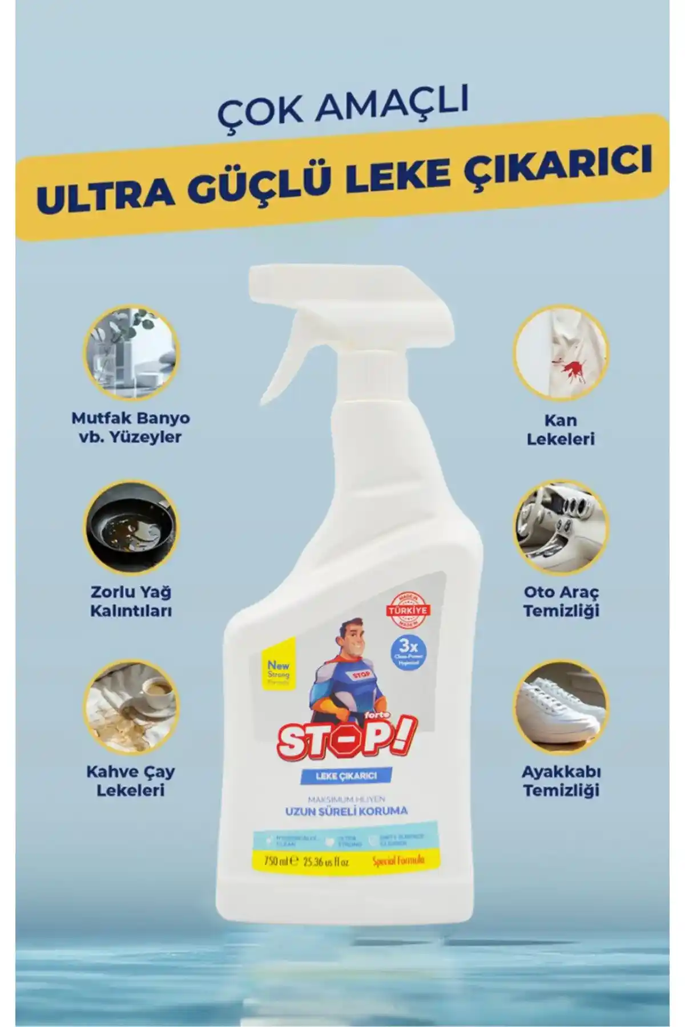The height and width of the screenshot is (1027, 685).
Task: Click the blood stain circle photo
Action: [x=561, y=353]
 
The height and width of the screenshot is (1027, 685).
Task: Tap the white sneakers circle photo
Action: [x=561, y=706]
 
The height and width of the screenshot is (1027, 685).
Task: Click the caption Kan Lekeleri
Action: [x=561, y=430]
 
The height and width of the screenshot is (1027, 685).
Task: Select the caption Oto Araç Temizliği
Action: [x=561, y=601]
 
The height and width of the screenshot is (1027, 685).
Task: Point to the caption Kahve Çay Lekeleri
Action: [x=131, y=781]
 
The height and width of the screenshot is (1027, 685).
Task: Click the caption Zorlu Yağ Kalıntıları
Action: [x=131, y=601]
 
